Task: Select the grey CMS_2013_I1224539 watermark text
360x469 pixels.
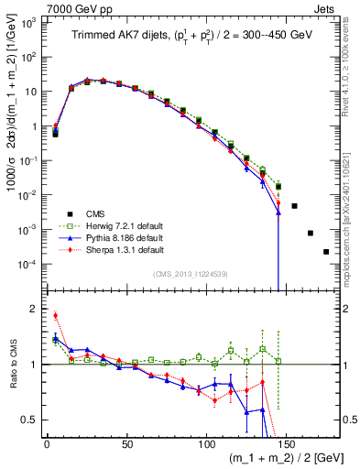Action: (192, 272)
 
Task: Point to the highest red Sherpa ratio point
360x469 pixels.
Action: (55, 315)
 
